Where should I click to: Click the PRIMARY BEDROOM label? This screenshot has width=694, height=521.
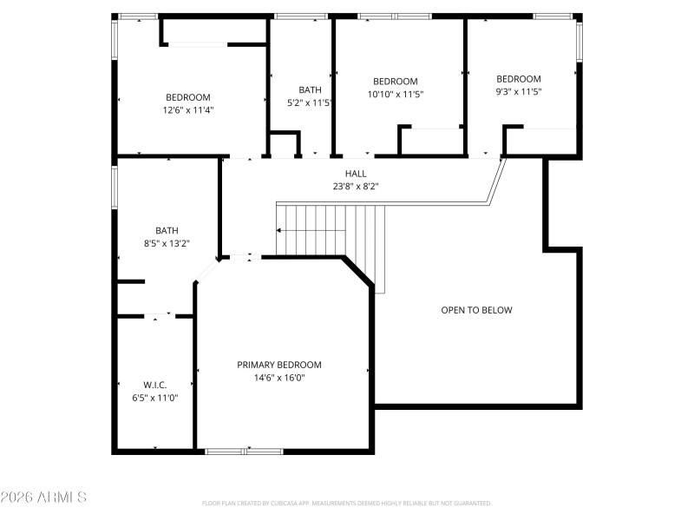click(x=279, y=365)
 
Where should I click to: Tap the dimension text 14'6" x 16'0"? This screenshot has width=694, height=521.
click(x=279, y=378)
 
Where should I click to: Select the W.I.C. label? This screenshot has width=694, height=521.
click(x=154, y=385)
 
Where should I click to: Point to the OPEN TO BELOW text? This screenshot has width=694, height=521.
click(x=476, y=310)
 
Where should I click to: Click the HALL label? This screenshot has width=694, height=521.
click(x=356, y=174)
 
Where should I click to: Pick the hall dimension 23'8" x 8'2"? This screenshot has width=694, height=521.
click(x=356, y=186)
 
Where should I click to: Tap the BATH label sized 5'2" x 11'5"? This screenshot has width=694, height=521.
click(x=310, y=89)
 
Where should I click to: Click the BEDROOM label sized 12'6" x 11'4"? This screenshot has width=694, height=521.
click(x=188, y=97)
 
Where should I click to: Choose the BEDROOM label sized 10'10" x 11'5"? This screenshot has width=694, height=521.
click(x=396, y=81)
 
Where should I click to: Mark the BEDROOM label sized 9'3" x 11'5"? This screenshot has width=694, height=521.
click(x=518, y=79)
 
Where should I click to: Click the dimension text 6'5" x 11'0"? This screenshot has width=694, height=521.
click(x=154, y=399)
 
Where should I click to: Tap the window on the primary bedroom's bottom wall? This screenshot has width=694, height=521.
click(x=244, y=451)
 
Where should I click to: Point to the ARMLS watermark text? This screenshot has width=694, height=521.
click(x=43, y=498)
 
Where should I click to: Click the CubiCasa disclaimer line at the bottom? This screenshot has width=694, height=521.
click(x=346, y=504)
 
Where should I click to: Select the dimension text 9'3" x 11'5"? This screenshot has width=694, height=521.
click(x=518, y=92)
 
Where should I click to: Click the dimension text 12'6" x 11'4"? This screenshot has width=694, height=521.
click(x=188, y=110)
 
